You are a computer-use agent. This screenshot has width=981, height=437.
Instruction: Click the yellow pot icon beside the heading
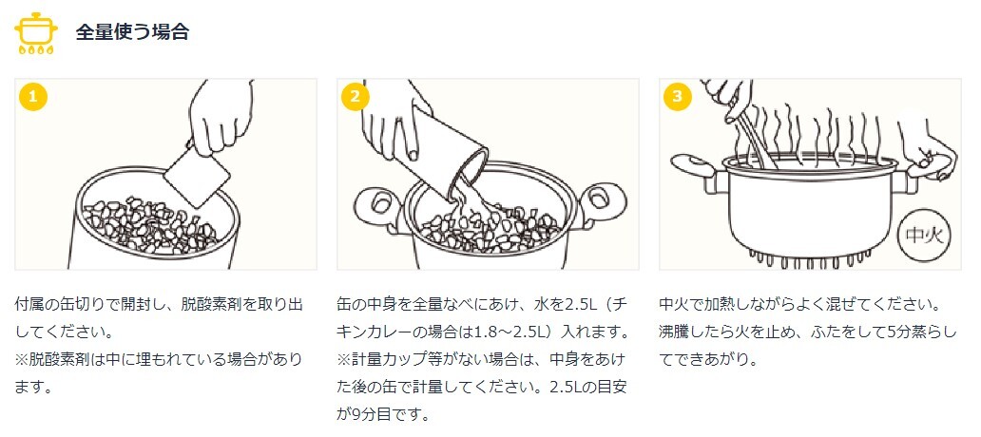(x=35, y=31)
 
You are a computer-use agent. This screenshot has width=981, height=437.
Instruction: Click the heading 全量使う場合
(x=132, y=31)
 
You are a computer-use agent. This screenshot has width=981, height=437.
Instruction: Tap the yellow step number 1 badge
(x=32, y=97)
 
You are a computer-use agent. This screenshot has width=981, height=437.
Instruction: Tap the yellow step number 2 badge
(x=355, y=97)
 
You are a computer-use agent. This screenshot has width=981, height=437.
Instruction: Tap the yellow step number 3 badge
(x=676, y=97)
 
